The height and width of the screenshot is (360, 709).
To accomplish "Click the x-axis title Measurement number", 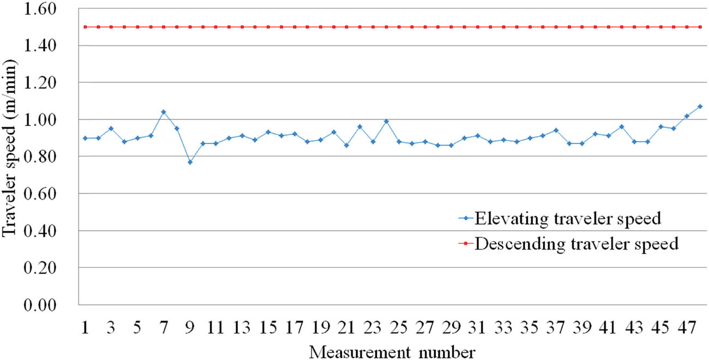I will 392,351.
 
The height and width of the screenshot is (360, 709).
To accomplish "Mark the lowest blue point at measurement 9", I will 190,162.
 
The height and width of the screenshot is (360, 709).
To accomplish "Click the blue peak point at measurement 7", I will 164,112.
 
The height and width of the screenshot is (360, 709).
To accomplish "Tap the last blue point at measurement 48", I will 700,106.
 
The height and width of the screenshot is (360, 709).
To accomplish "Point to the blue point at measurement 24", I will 386,121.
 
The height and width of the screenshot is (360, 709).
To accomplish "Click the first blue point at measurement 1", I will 85,138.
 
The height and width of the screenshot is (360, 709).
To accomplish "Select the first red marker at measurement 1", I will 85,27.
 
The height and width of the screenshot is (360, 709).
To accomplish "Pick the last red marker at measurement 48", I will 700,27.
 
